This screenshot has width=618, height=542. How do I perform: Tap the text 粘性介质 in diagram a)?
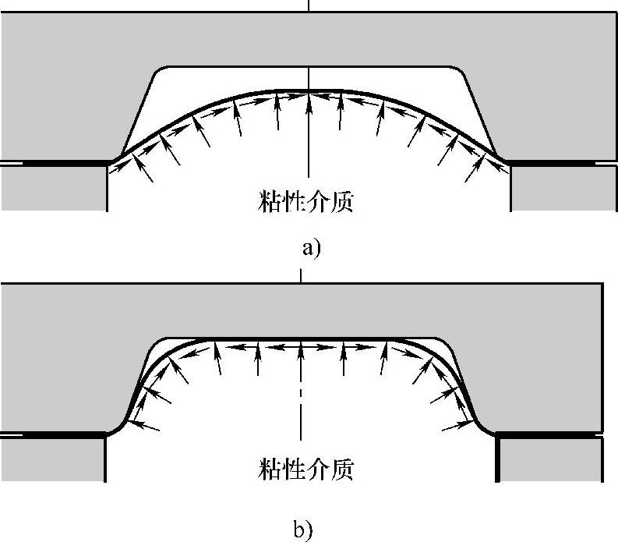pos(305,202)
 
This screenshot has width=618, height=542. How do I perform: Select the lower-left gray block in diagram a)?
pos(53,188)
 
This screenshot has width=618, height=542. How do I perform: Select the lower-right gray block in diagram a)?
pos(563,188)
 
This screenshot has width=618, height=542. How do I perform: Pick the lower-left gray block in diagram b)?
pos(53,459)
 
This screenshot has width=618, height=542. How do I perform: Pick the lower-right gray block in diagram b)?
pos(549,459)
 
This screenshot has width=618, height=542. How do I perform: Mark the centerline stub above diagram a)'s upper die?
pos(309,6)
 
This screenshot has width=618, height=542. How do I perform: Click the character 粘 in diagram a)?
pos(268,202)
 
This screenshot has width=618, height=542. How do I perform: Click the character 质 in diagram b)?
pos(341,469)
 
